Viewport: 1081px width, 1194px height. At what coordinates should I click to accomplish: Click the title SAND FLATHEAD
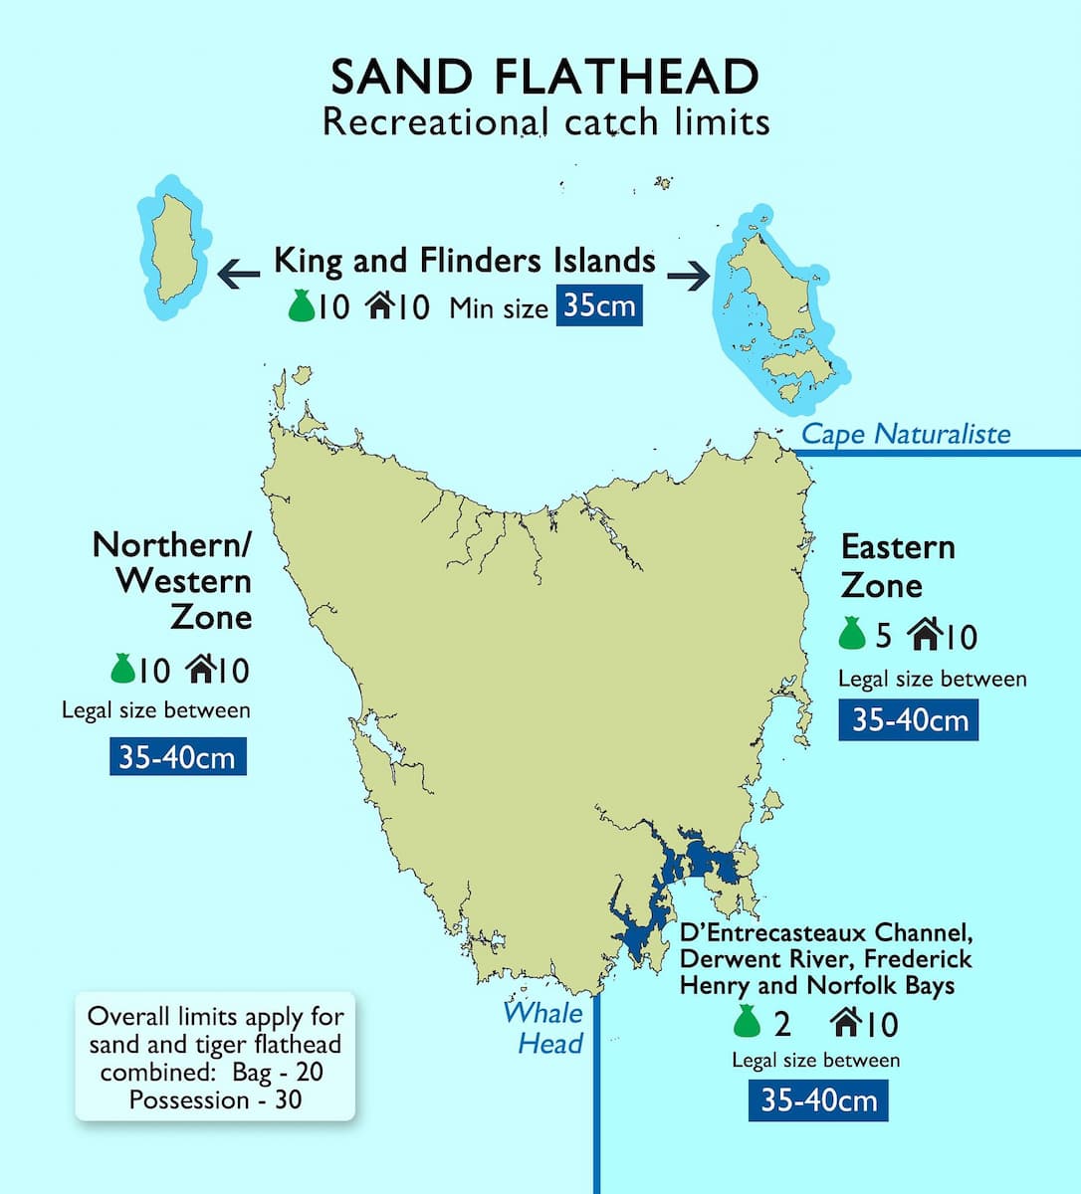click(x=544, y=77)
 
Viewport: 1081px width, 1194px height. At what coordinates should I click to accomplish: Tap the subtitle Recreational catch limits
click(x=546, y=122)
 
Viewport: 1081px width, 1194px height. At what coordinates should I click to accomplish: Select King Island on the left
click(x=173, y=248)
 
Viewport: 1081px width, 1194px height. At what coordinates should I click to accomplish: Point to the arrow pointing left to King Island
click(x=239, y=273)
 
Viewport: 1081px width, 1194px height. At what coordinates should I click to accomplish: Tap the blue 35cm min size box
click(x=599, y=304)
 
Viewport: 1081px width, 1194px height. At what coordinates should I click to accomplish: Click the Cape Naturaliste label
click(x=905, y=433)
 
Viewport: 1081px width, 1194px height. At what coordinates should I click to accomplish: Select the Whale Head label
click(x=543, y=1027)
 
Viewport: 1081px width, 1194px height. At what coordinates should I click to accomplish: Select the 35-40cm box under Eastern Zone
click(x=909, y=719)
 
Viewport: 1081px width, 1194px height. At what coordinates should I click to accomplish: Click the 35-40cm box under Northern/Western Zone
click(x=177, y=757)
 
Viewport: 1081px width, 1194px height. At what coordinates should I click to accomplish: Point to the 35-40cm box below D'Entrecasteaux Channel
click(x=818, y=1099)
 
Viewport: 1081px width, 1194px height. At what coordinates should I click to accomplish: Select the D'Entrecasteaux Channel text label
click(x=825, y=959)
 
